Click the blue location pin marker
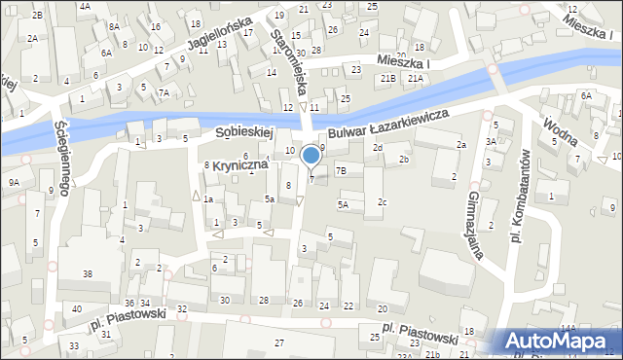click(311, 156)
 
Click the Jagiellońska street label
click(207, 37)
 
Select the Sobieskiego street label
click(238, 129)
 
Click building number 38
click(87, 274)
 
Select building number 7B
click(341, 170)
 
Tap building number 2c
click(383, 202)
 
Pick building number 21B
click(388, 77)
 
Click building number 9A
click(14, 182)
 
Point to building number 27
click(279, 342)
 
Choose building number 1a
click(207, 198)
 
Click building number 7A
click(165, 92)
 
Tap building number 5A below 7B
click(343, 204)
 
